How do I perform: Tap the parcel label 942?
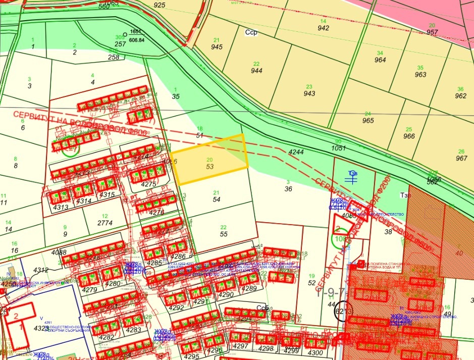[324, 28]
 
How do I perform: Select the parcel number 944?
[256, 71]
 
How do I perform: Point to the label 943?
[309, 93]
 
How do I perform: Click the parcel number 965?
[368, 121]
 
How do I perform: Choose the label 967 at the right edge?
[460, 159]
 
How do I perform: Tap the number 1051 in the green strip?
[338, 148]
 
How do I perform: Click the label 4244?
[296, 152]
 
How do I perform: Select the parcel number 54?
[217, 200]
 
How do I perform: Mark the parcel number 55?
[224, 234]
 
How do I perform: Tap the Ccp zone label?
[251, 31]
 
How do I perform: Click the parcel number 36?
[288, 189]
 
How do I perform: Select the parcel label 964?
[380, 60]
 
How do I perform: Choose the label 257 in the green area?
[120, 44]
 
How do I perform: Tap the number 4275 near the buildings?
[148, 184]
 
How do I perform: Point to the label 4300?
[314, 352]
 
